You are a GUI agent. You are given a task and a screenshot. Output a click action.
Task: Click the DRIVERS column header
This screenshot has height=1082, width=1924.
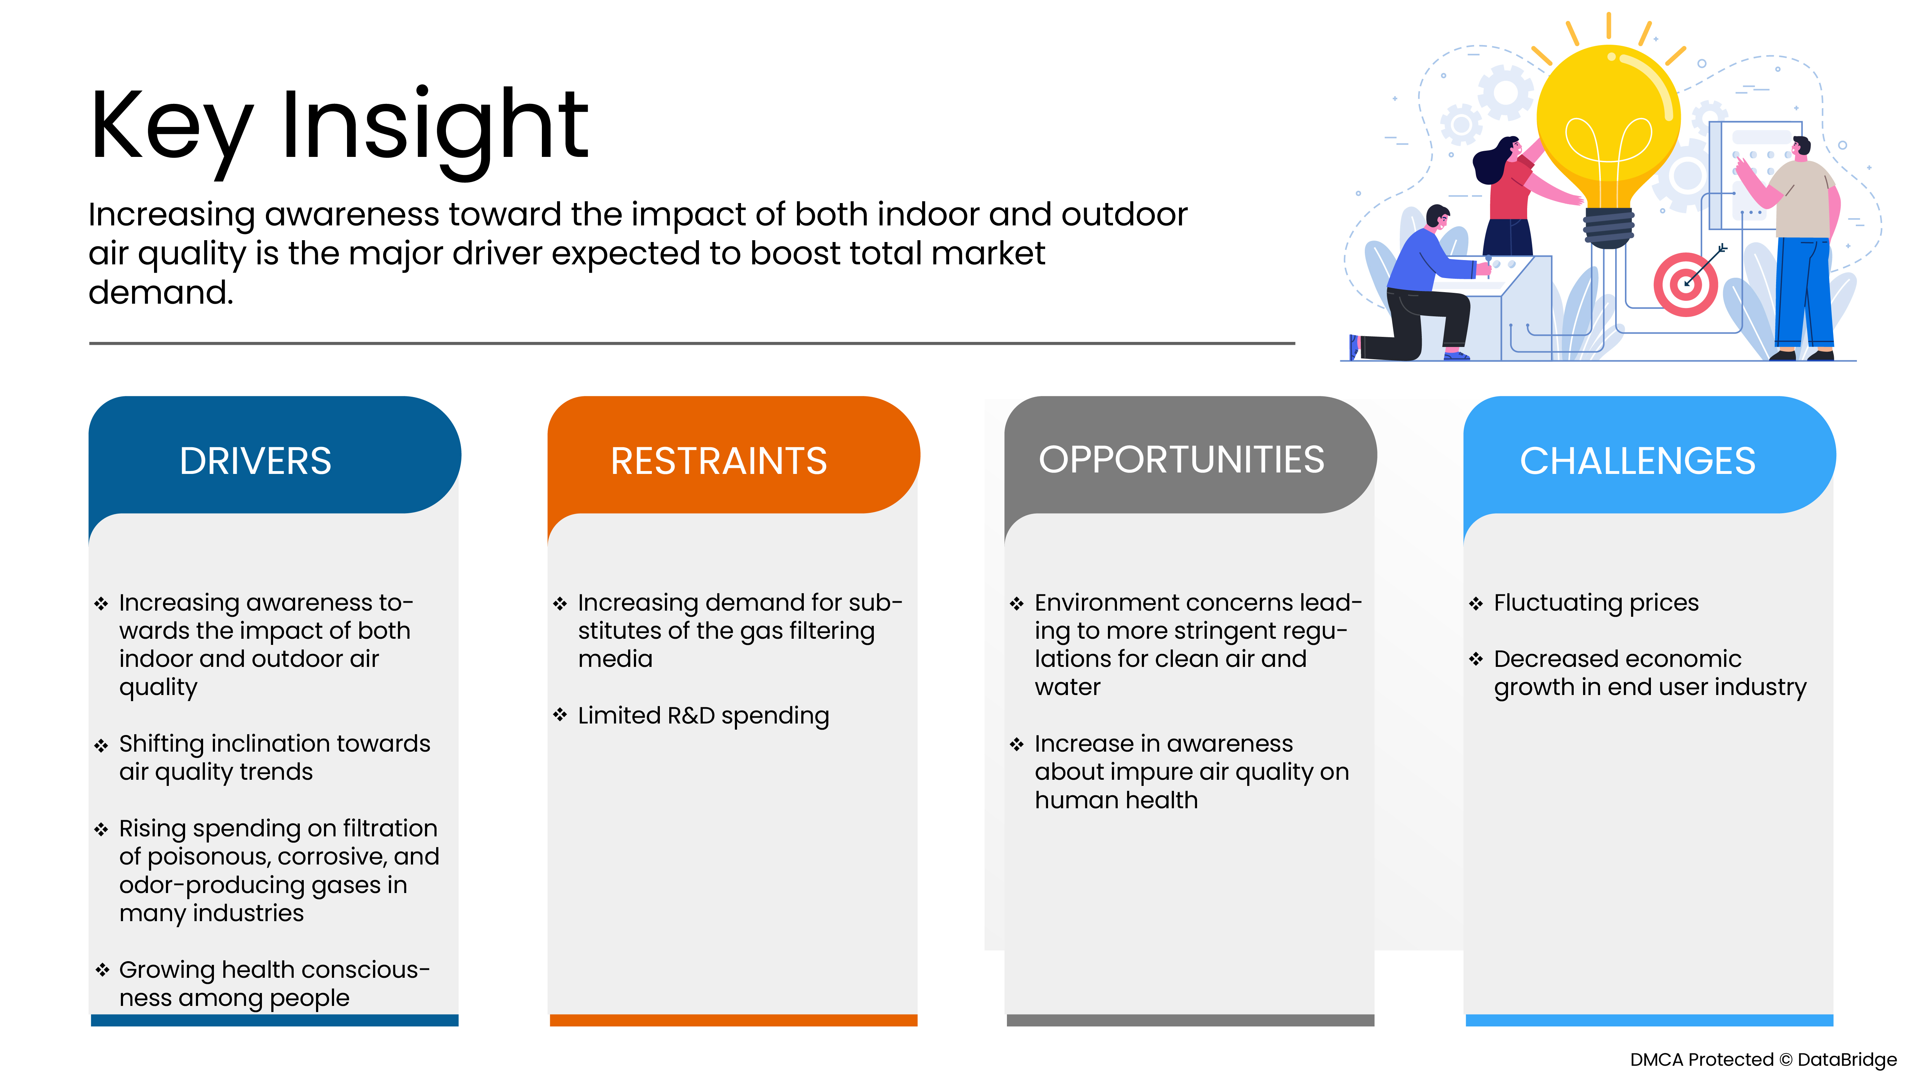click(x=255, y=461)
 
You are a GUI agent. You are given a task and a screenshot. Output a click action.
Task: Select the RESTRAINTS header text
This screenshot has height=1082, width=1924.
click(x=719, y=461)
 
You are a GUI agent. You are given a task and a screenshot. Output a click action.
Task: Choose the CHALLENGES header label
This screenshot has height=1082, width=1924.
click(x=1637, y=461)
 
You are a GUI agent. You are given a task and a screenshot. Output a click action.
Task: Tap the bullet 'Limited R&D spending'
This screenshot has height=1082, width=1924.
click(x=703, y=715)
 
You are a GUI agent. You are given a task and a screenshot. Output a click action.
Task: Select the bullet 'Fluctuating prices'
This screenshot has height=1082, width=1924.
click(x=1596, y=603)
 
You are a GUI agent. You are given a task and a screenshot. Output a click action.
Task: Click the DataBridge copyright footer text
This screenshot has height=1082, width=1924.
click(x=1763, y=1060)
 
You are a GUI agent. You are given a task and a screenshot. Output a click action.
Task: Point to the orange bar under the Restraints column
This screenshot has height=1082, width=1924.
click(x=733, y=1020)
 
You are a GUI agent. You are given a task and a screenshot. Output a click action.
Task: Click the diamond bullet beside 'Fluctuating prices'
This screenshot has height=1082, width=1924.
click(x=1476, y=603)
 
